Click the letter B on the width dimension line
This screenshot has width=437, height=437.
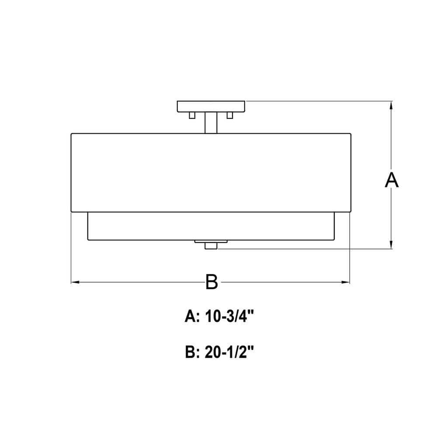pyautogui.click(x=212, y=282)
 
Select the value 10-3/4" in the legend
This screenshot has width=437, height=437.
pyautogui.click(x=229, y=316)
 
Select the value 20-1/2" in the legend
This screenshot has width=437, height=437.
pyautogui.click(x=229, y=352)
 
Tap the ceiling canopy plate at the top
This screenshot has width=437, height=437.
pyautogui.click(x=211, y=107)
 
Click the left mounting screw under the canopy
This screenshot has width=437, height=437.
pyautogui.click(x=192, y=115)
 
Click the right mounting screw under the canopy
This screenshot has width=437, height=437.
pyautogui.click(x=230, y=115)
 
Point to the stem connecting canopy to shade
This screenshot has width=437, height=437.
pyautogui.click(x=211, y=123)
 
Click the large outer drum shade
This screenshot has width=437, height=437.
pyautogui.click(x=211, y=173)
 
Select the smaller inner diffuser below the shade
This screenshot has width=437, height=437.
pyautogui.click(x=211, y=226)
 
